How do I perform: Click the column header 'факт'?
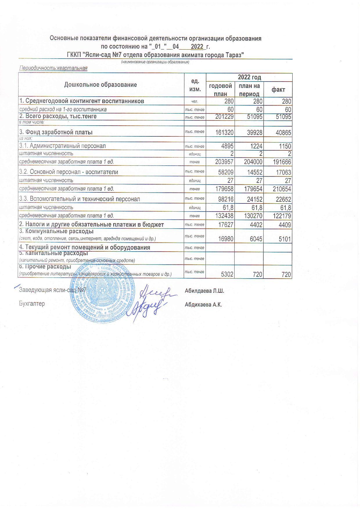[x=278, y=90]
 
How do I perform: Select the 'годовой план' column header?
[x=220, y=90]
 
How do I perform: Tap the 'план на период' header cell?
[x=249, y=90]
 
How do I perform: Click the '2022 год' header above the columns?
[x=249, y=77]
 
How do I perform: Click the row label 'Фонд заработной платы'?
[x=56, y=132]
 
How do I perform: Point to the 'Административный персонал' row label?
[x=62, y=146]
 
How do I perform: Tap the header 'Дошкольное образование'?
[x=100, y=85]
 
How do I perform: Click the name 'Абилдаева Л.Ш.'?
[x=204, y=291]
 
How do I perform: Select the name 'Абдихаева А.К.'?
[x=203, y=305]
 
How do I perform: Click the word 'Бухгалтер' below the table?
[x=32, y=304]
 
